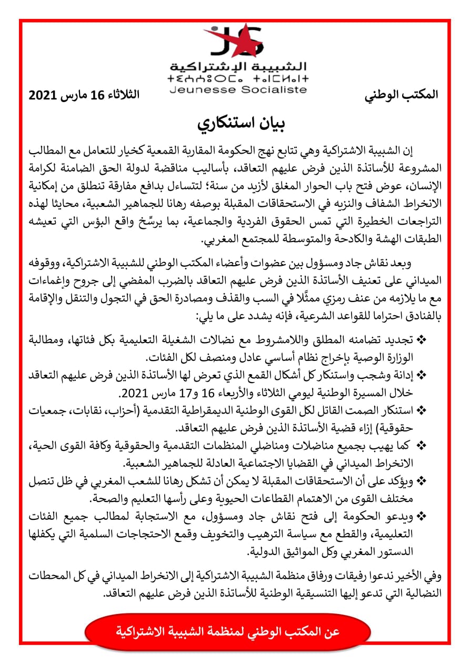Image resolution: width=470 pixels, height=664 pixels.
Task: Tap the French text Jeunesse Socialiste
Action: tap(238, 89)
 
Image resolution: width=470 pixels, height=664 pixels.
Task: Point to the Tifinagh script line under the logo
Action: tap(238, 79)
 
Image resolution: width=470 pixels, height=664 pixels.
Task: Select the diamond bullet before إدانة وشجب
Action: tap(422, 375)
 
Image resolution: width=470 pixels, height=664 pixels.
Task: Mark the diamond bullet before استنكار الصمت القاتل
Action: tap(422, 409)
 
